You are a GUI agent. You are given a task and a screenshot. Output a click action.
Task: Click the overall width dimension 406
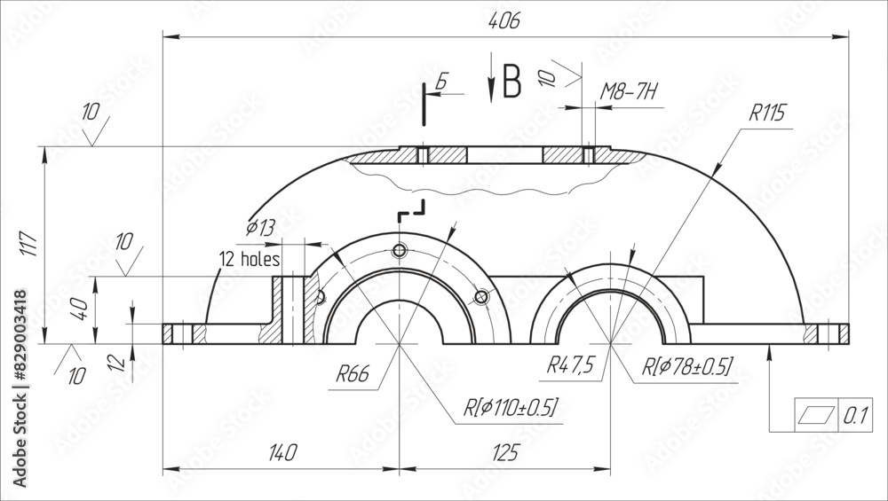point(503,21)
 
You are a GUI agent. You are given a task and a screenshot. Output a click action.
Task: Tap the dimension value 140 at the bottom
point(281,452)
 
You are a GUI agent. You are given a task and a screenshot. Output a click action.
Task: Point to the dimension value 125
point(503,452)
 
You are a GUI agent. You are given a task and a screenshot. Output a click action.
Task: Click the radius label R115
point(767,114)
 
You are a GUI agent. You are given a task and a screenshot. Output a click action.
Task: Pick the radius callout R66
point(353,374)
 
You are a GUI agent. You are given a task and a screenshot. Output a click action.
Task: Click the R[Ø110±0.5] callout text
point(511,407)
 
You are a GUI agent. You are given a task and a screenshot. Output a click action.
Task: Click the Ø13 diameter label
point(260,228)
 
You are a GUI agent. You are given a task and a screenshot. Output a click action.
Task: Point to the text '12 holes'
point(250,260)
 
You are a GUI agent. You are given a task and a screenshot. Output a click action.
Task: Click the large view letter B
point(512,82)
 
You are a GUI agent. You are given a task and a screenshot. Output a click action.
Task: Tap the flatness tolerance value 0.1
point(854,414)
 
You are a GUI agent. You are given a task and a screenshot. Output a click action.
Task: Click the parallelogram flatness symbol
point(818,414)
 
